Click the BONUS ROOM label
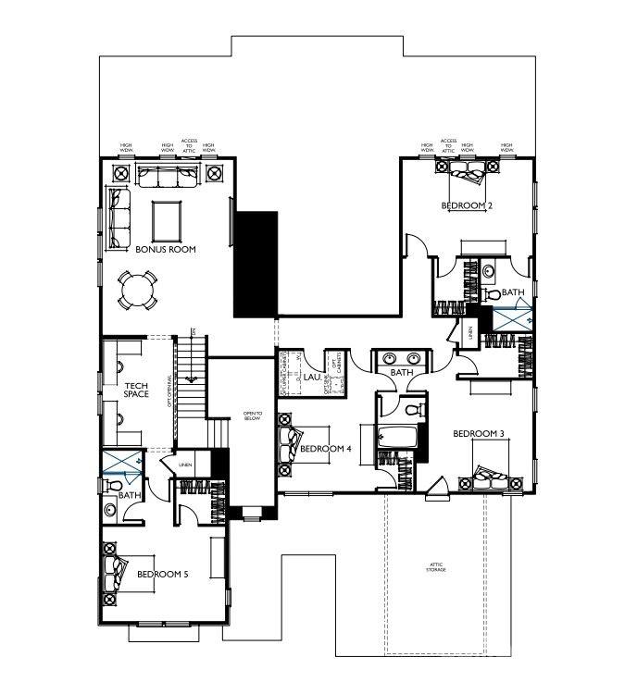pyautogui.click(x=165, y=250)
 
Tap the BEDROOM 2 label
pyautogui.click(x=466, y=205)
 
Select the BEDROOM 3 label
pyautogui.click(x=478, y=433)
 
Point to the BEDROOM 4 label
pyautogui.click(x=326, y=450)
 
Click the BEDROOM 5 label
pyautogui.click(x=162, y=574)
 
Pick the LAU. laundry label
pyautogui.click(x=312, y=378)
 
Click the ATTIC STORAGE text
pyautogui.click(x=436, y=566)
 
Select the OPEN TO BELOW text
pyautogui.click(x=253, y=415)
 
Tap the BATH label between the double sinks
pyautogui.click(x=400, y=374)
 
